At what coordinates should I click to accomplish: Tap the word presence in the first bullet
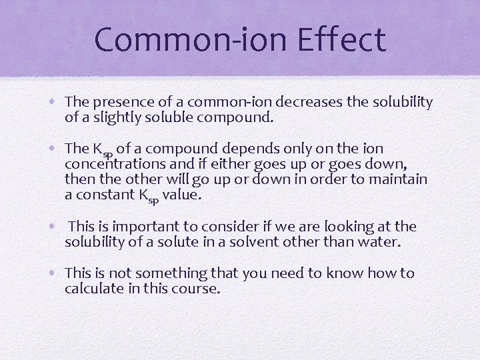point(120,102)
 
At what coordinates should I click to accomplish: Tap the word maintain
point(400,180)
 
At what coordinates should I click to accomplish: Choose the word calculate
point(93,289)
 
